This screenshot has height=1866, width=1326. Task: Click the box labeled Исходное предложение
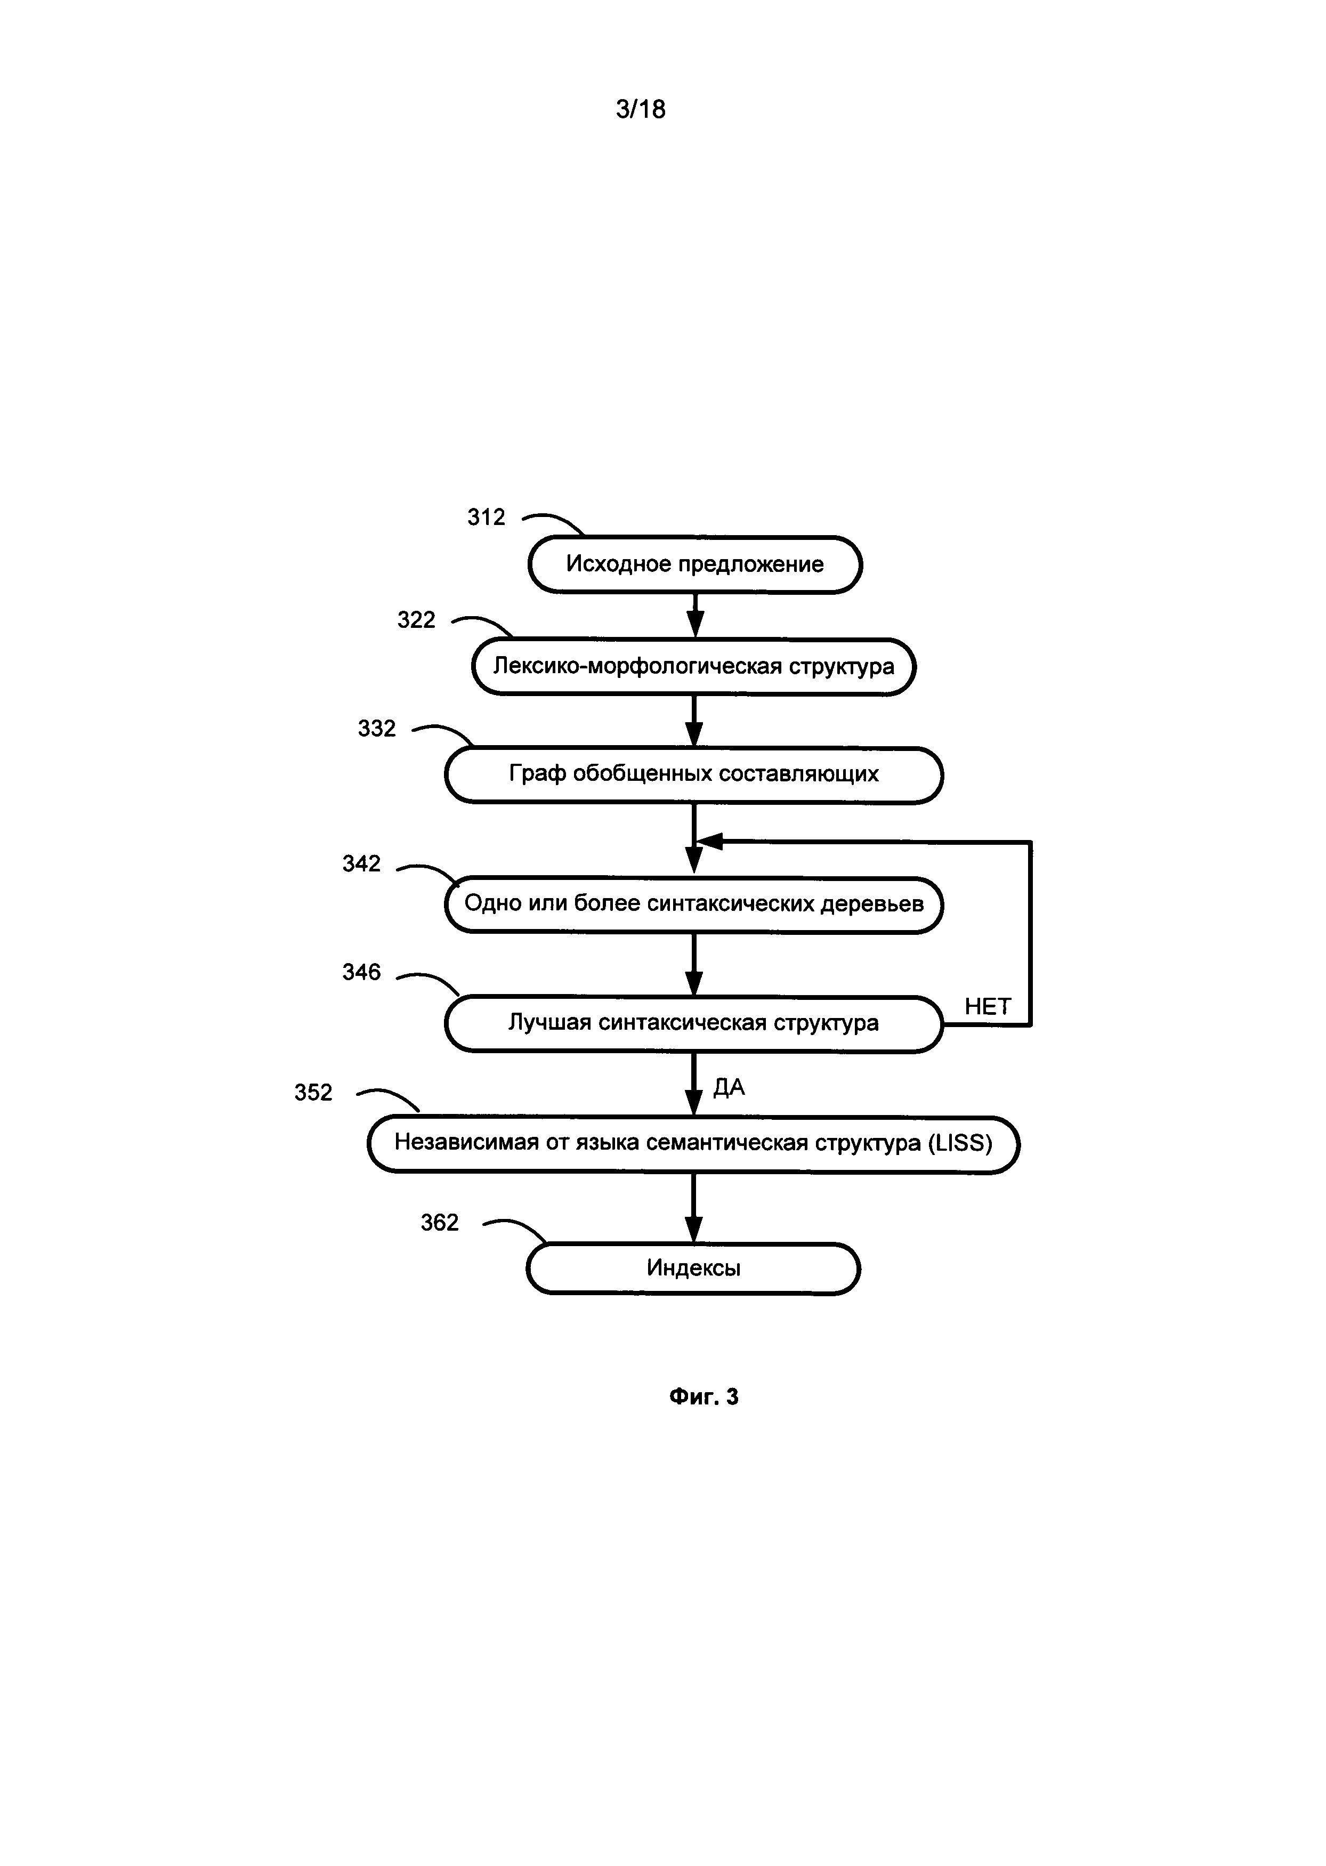click(695, 564)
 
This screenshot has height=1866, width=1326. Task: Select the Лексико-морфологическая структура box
click(693, 666)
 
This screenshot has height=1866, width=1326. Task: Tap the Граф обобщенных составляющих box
click(693, 773)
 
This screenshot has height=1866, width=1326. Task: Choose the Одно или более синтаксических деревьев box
click(693, 904)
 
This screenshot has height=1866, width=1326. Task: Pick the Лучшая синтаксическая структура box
click(693, 1023)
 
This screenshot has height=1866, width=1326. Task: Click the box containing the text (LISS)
click(693, 1143)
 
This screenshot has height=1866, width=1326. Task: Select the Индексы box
click(693, 1267)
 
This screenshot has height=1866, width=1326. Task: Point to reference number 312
click(486, 517)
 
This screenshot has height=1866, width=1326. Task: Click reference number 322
click(416, 620)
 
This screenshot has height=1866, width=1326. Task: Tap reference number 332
click(376, 729)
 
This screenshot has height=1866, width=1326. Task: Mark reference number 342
click(361, 863)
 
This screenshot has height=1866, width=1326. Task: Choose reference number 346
click(361, 972)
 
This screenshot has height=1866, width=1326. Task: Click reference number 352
click(313, 1093)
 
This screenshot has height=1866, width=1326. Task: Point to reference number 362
click(439, 1223)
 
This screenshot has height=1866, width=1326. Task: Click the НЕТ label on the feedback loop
click(987, 1006)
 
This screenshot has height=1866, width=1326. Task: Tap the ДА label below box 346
click(729, 1087)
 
